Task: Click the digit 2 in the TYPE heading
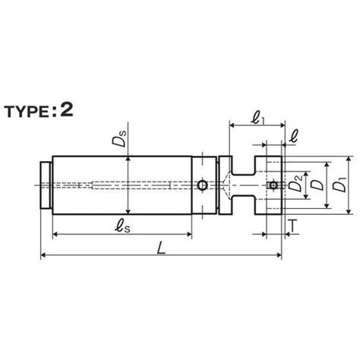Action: [67, 110]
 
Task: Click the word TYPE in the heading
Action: [27, 112]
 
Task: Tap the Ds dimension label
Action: [119, 138]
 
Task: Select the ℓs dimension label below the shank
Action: [123, 226]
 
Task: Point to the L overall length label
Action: [161, 248]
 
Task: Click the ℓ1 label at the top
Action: [257, 118]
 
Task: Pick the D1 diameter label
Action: [339, 185]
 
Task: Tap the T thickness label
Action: [293, 226]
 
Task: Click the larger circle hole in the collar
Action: [202, 185]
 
